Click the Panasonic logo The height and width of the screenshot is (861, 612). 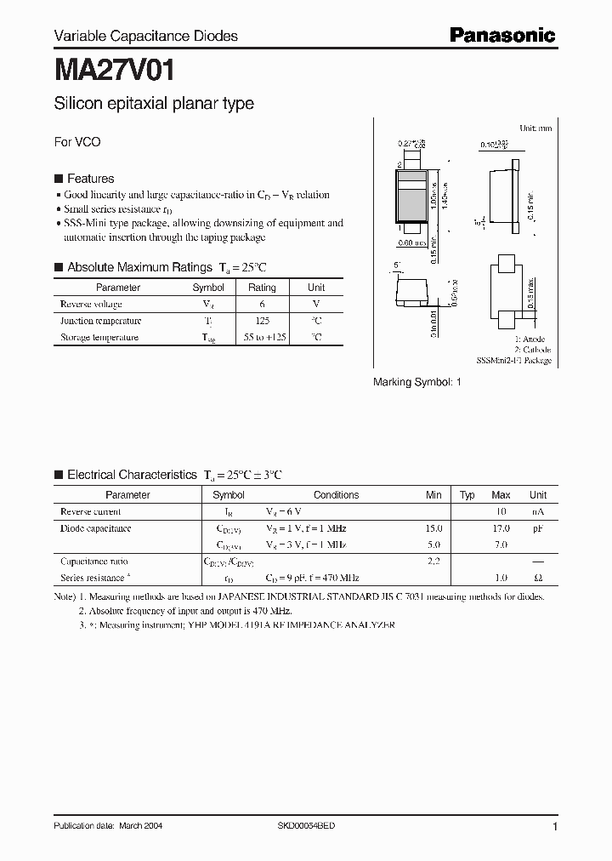(501, 35)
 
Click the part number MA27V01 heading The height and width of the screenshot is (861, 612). (114, 68)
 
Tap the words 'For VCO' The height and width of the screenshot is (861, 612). (77, 142)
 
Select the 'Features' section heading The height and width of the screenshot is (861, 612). (90, 179)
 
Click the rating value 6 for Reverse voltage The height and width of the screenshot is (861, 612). (262, 304)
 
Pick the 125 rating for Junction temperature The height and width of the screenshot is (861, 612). (262, 321)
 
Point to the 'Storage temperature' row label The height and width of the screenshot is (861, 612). (99, 338)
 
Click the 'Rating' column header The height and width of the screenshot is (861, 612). (262, 288)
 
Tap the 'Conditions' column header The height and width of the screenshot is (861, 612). (336, 495)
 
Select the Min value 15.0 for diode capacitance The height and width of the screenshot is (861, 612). (433, 528)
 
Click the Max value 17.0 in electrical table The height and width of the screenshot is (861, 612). (500, 528)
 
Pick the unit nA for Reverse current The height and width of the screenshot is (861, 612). (537, 512)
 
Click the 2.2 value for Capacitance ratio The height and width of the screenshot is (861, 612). (433, 562)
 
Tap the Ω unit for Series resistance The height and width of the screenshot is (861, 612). (537, 578)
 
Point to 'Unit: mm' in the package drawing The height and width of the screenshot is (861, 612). (535, 128)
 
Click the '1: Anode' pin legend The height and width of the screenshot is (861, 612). (530, 339)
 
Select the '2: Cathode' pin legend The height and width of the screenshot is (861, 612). (532, 350)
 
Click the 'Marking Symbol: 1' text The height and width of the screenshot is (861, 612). (416, 383)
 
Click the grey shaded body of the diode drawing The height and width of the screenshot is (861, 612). (411, 204)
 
